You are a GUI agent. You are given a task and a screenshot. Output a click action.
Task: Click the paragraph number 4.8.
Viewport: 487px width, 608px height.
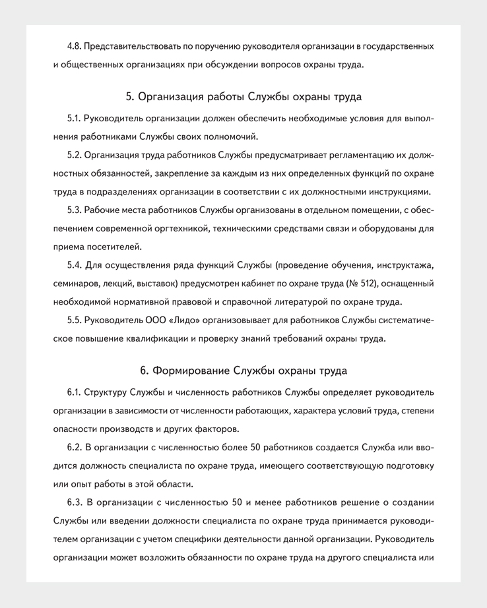click(x=75, y=47)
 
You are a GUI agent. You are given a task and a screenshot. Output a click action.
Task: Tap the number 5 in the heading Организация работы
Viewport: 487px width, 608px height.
click(x=129, y=97)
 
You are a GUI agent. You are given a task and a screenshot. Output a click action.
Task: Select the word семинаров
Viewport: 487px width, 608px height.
click(x=75, y=284)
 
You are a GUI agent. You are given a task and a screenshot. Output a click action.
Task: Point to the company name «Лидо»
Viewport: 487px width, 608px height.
click(x=183, y=321)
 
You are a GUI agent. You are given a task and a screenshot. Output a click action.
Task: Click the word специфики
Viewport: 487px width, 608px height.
click(x=253, y=539)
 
